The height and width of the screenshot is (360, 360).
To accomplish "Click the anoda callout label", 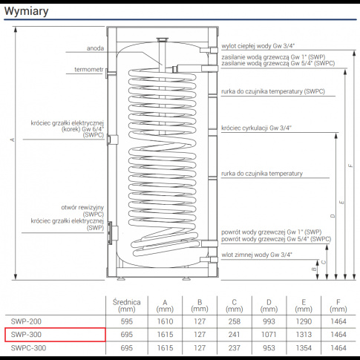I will tap(94, 49).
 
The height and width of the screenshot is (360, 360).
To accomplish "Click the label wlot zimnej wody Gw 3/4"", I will tap(256, 254).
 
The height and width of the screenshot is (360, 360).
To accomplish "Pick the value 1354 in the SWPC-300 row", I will tap(304, 347).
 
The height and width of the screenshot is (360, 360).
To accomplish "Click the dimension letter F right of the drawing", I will tap(351, 165).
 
